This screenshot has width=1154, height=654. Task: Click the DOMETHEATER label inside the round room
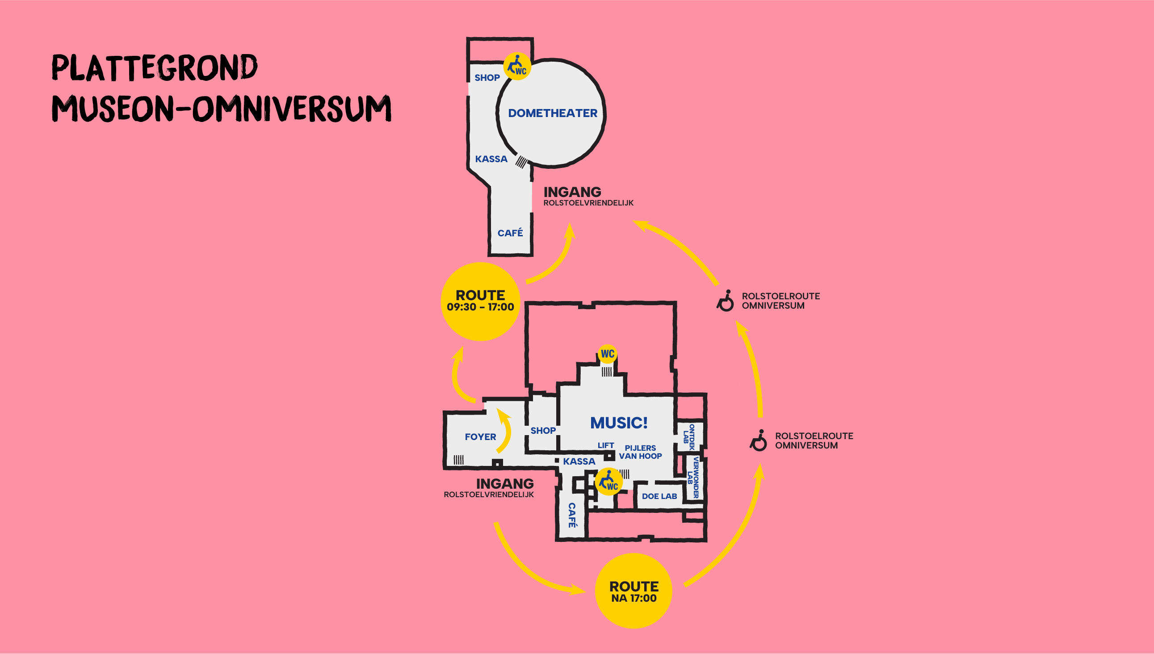(x=553, y=113)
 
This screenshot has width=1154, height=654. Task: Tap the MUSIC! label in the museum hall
(x=619, y=423)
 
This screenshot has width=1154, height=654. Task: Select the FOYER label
(x=480, y=436)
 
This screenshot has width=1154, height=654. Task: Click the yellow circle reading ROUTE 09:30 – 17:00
(x=480, y=302)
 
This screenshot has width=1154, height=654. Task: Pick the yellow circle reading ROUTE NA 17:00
(x=634, y=591)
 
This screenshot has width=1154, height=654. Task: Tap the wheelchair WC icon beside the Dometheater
(x=517, y=66)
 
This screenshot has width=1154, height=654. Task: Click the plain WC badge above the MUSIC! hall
(x=607, y=354)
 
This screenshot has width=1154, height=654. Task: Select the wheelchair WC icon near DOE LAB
(x=608, y=482)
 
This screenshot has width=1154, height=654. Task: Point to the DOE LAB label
(x=659, y=496)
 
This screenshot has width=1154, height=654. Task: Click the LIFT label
(x=605, y=445)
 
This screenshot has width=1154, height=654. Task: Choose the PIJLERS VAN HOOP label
(x=640, y=452)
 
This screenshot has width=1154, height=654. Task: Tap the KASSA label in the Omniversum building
(x=491, y=159)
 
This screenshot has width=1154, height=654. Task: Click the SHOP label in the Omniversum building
(x=487, y=78)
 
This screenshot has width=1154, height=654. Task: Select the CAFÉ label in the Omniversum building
(x=510, y=233)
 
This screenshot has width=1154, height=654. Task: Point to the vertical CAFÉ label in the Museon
(x=572, y=515)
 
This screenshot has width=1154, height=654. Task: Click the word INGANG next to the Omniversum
(x=572, y=192)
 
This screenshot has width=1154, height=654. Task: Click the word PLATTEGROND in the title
(x=155, y=68)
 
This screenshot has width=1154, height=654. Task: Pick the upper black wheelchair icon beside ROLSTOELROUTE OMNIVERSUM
(x=725, y=301)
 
